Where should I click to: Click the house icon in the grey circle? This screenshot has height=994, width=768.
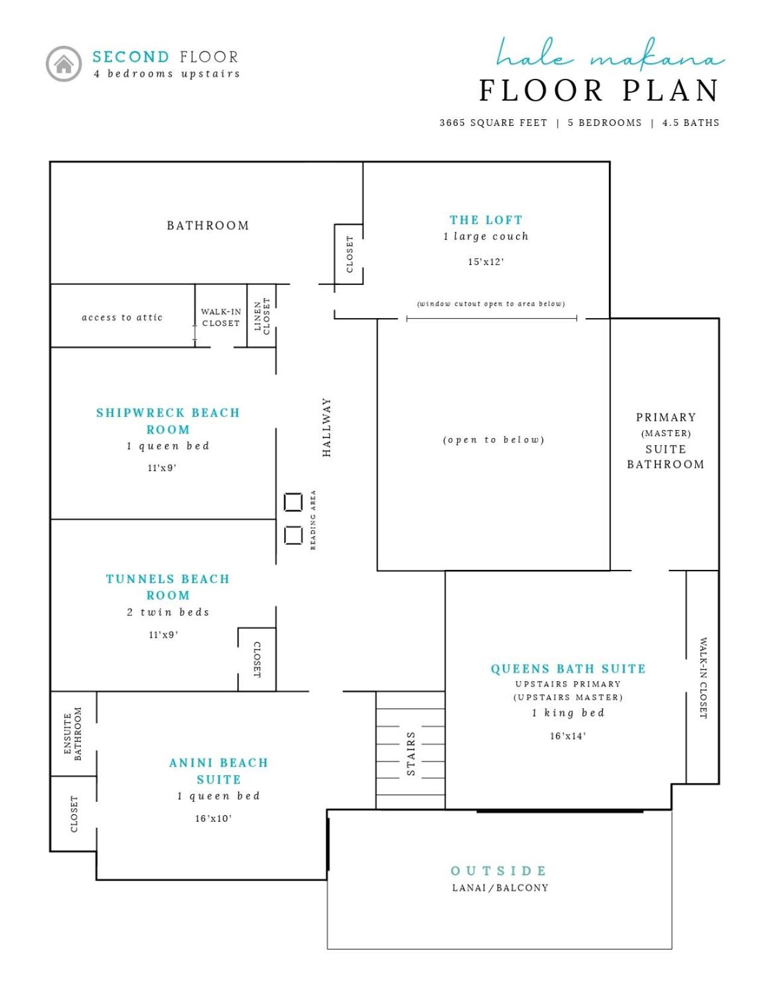click(x=64, y=64)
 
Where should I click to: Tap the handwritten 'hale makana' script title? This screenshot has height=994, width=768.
click(x=610, y=55)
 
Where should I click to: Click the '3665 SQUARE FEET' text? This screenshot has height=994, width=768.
click(x=493, y=122)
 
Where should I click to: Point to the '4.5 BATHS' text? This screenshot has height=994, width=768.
click(x=691, y=122)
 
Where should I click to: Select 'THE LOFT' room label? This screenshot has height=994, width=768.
click(x=485, y=220)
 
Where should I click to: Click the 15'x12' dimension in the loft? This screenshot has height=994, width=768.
click(x=485, y=262)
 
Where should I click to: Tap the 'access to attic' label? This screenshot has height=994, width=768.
click(x=122, y=317)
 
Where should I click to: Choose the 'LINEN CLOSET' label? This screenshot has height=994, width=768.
click(x=262, y=316)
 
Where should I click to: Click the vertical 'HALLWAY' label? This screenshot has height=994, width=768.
click(x=326, y=427)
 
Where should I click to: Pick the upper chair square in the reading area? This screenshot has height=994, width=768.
click(x=293, y=502)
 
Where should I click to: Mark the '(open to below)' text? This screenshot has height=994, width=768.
click(x=493, y=440)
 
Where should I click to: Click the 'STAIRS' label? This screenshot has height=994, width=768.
click(x=411, y=753)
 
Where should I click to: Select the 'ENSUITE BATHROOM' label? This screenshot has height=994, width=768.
click(x=73, y=734)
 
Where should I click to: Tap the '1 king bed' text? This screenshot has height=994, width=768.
click(x=568, y=713)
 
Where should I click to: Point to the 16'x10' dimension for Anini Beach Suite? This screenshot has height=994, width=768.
click(x=214, y=818)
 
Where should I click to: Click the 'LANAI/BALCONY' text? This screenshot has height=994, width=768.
click(x=500, y=888)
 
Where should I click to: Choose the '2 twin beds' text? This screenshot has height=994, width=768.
click(x=168, y=612)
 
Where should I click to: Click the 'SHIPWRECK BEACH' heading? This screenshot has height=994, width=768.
click(x=168, y=413)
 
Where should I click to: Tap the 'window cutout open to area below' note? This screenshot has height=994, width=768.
click(x=491, y=304)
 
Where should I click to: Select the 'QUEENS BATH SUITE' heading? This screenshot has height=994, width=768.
click(x=568, y=669)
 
